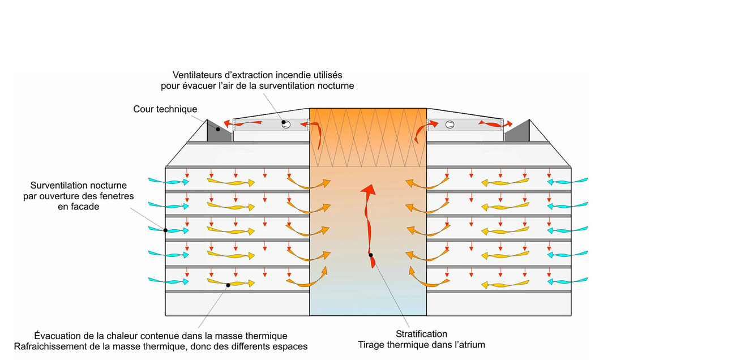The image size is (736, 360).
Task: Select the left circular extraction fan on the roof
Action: (x=286, y=125)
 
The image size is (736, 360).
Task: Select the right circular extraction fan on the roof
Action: (x=450, y=125)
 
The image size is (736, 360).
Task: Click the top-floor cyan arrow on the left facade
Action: (x=167, y=181)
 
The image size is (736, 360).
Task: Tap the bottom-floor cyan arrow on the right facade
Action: (x=568, y=281)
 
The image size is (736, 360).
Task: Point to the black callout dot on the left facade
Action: (x=165, y=230)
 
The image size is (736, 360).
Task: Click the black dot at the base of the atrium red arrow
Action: (x=370, y=255)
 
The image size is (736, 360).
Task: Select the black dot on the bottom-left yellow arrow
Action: (x=228, y=285)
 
